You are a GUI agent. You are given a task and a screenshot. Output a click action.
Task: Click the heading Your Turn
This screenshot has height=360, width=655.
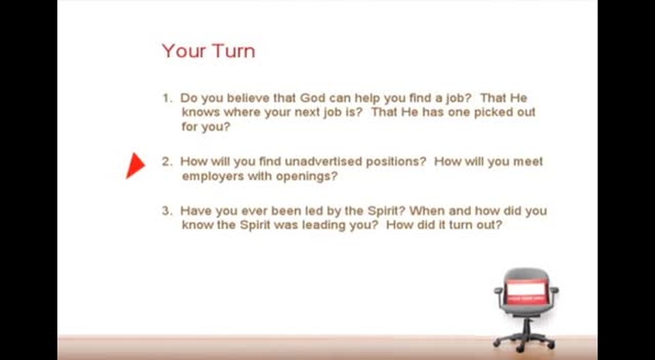tap(209, 51)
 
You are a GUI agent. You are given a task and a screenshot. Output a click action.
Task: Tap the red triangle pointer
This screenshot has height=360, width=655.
tap(135, 166)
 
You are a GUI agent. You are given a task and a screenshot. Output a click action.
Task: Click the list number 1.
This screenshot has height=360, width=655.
tap(166, 98)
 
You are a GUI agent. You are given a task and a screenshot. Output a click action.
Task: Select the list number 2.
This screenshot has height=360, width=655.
tap(166, 162)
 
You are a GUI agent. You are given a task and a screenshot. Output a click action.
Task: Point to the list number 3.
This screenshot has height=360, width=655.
tap(166, 211)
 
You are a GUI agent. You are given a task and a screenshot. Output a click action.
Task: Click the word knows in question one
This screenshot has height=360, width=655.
tap(201, 112)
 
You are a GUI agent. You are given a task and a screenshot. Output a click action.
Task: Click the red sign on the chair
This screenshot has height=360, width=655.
tap(526, 290)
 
